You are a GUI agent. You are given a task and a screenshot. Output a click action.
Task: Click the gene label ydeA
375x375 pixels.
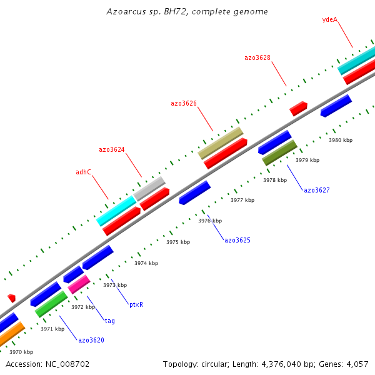point(329,19)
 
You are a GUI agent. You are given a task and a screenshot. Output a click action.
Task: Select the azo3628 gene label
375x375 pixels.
point(257,57)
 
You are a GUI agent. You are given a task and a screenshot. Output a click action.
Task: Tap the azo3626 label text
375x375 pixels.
point(184,103)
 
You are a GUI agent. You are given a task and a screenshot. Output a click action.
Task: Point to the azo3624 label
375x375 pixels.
point(112,149)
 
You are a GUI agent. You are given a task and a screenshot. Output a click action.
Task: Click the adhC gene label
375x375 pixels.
point(83,172)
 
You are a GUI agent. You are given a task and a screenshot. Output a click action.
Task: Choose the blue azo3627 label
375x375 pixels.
point(316,190)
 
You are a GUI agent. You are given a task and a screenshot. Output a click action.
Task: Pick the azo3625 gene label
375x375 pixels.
point(237,240)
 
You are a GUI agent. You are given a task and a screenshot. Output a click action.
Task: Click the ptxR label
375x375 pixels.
point(136,305)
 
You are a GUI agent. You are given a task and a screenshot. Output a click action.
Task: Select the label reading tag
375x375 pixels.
point(109,321)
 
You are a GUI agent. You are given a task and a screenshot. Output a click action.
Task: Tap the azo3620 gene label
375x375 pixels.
point(91,341)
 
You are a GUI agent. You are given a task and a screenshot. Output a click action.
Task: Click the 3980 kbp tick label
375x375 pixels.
point(341,140)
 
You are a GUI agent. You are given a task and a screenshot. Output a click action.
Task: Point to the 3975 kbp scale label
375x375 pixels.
point(177,242)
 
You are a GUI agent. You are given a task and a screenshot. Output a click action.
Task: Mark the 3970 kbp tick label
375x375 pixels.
point(21,352)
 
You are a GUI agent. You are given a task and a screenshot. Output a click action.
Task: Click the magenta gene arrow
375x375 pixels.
point(79,284)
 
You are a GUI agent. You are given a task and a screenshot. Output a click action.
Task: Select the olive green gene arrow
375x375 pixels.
point(279,152)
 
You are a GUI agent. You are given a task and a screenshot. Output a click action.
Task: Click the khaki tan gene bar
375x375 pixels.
point(220,142)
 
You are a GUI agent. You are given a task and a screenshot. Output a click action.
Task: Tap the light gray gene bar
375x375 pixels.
point(149,188)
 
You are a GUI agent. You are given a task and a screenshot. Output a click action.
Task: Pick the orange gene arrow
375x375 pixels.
point(10,335)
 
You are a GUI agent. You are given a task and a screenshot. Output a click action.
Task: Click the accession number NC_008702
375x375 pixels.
point(47,364)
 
